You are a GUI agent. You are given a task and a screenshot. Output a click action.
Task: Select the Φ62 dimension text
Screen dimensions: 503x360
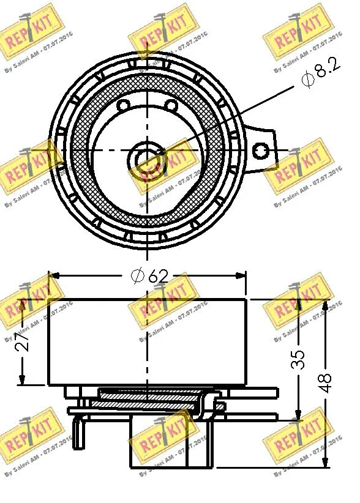click(x=149, y=277)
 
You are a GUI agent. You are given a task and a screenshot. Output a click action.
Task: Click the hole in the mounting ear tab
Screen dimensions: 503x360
click(x=261, y=149)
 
